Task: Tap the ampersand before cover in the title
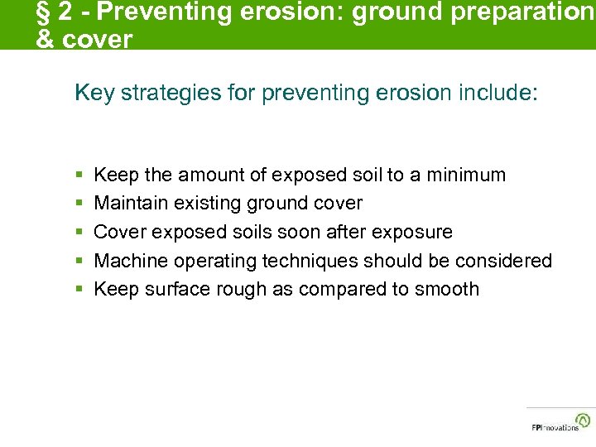tap(45, 39)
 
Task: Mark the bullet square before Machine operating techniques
tap(79, 262)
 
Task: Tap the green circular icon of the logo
tap(584, 419)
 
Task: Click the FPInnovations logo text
tap(555, 427)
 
